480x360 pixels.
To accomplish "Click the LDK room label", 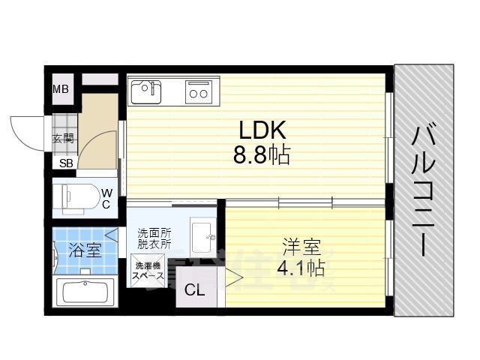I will pyautogui.click(x=262, y=131).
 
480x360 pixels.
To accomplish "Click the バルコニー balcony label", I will pyautogui.click(x=423, y=190).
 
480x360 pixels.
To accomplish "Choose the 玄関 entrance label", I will pyautogui.click(x=63, y=139).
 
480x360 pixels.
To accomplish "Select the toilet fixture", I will pyautogui.click(x=77, y=197).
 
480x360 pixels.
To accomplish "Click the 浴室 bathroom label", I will pyautogui.click(x=85, y=250).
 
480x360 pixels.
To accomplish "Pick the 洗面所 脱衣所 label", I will pyautogui.click(x=154, y=239).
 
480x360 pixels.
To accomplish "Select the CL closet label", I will pyautogui.click(x=193, y=290).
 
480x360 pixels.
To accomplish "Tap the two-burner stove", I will pyautogui.click(x=199, y=91).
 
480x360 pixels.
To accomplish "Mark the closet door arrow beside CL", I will pyautogui.click(x=232, y=279).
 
